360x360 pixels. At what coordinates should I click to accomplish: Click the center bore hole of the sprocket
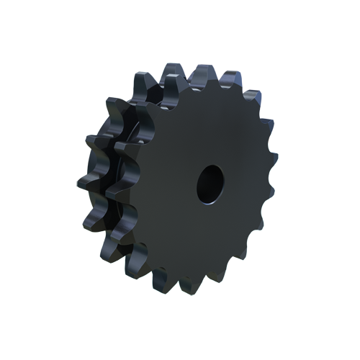click(210, 181)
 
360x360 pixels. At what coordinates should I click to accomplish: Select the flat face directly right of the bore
click(245, 180)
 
